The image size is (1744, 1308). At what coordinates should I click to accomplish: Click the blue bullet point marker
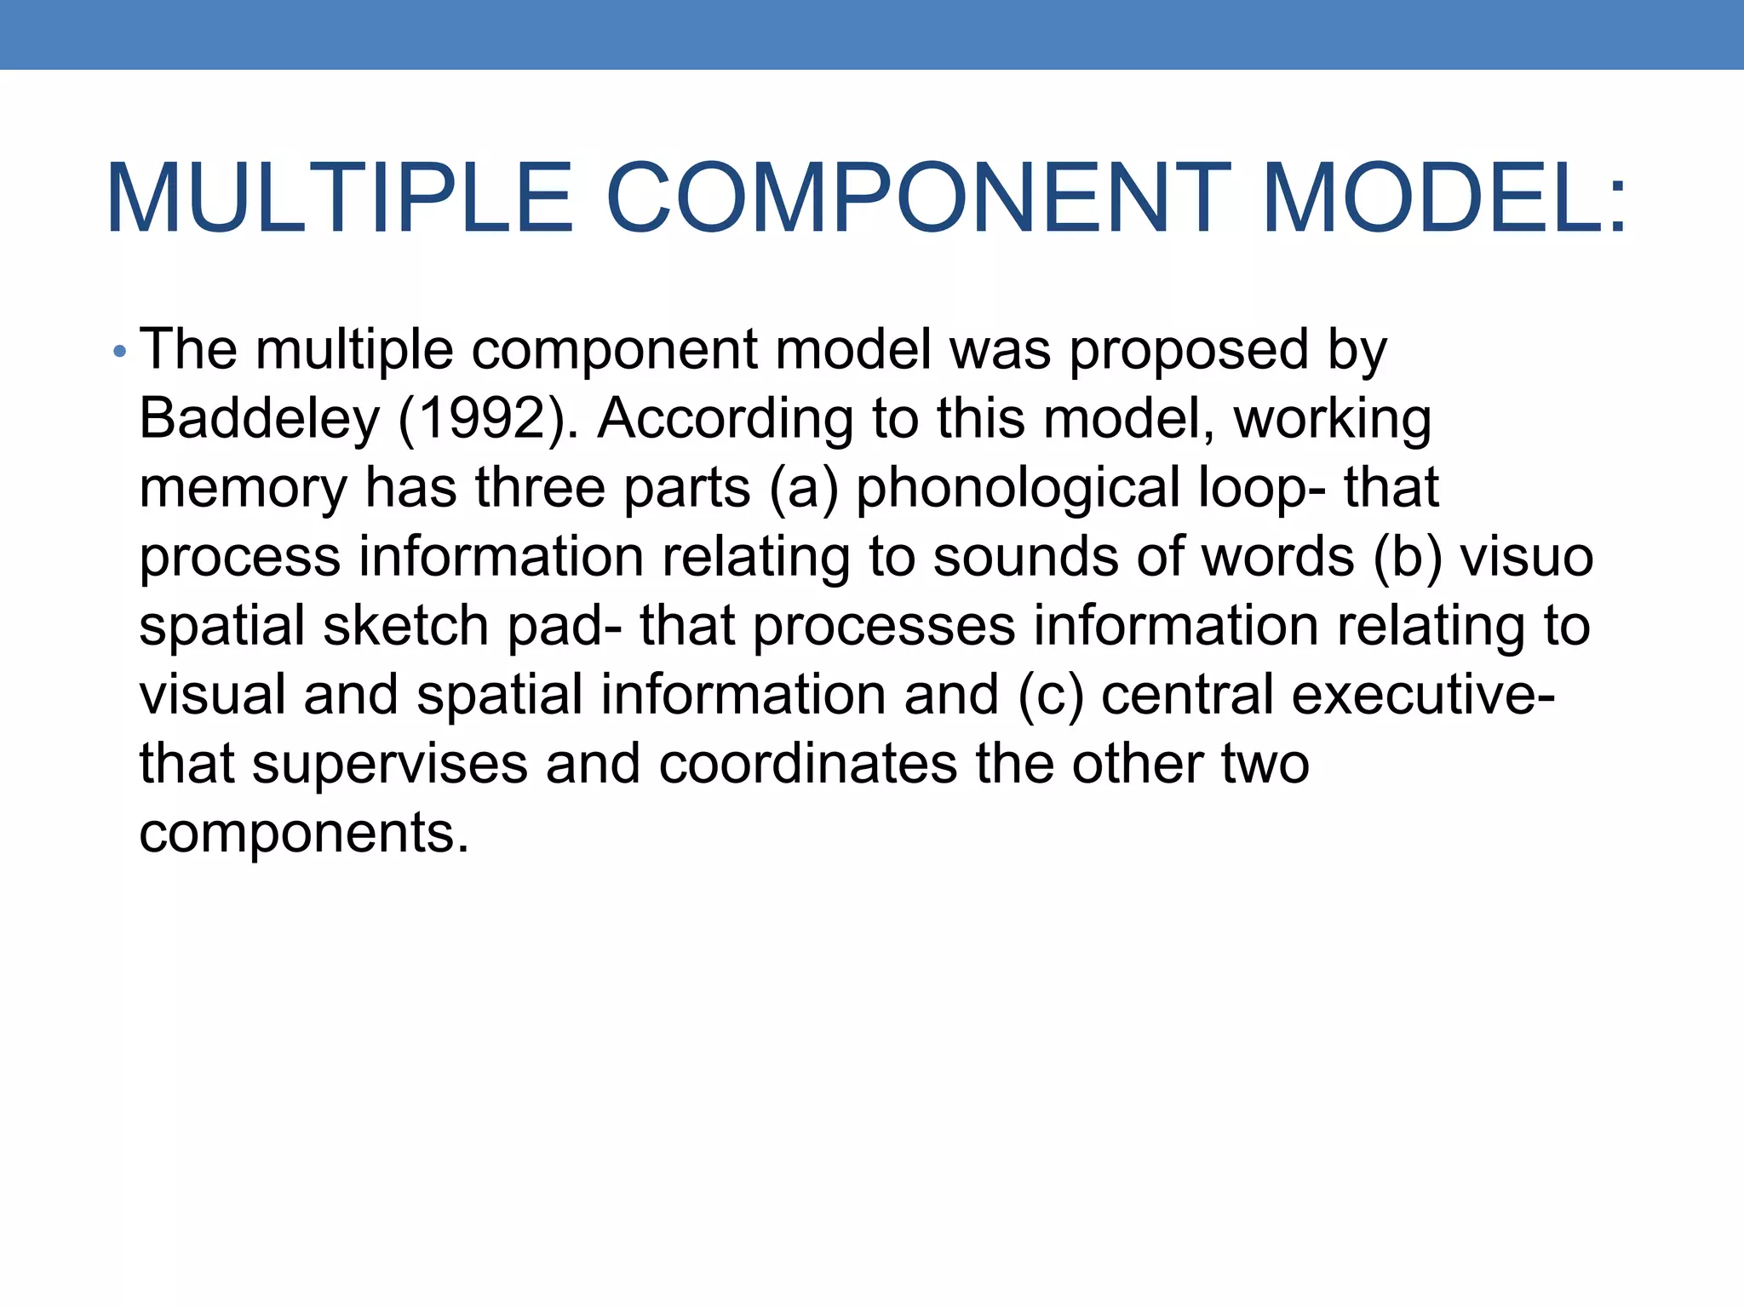[119, 351]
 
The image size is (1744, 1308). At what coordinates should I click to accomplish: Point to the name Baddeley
[259, 419]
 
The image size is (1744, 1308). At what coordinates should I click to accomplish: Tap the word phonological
[1017, 488]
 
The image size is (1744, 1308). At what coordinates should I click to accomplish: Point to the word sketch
[406, 626]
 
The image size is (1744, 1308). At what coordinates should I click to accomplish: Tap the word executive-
[1423, 695]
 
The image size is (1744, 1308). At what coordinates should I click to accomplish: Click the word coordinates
[808, 764]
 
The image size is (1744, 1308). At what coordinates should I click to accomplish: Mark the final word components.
[304, 833]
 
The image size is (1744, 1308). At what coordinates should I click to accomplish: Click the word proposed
[1188, 351]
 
